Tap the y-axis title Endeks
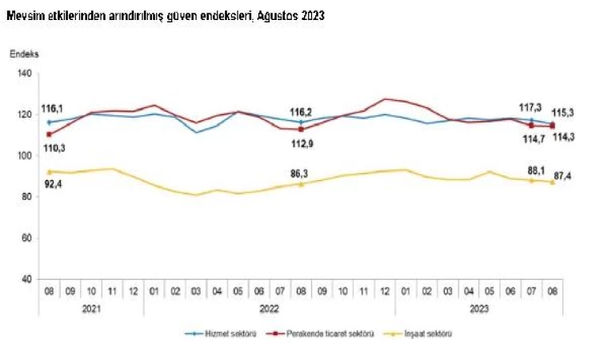[24, 54]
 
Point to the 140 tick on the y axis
[24, 74]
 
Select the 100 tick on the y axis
[24, 156]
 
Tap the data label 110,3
[54, 148]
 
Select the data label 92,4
[54, 186]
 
